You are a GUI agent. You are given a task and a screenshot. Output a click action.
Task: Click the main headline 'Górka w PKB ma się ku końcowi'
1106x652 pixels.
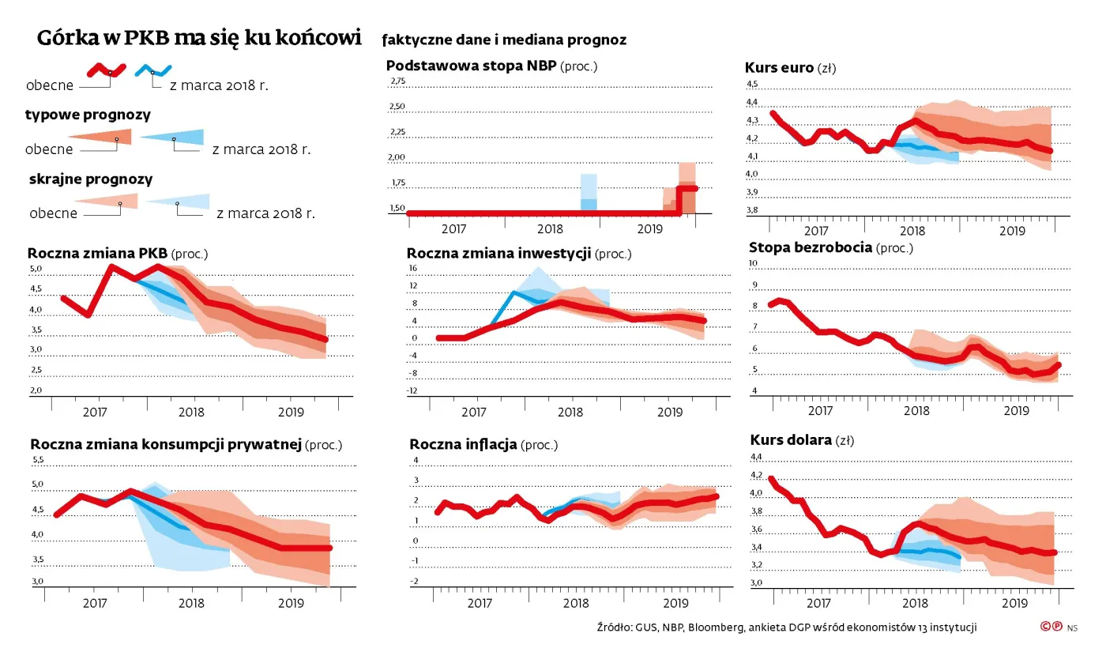(199, 38)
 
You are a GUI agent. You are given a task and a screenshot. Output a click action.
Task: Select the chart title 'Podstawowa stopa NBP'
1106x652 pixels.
(472, 66)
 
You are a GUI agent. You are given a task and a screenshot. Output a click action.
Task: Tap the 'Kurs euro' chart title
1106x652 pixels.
(779, 68)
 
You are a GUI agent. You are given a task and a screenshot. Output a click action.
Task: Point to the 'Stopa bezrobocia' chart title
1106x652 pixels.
(810, 247)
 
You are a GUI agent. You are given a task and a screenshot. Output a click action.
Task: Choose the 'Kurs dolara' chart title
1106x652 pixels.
(790, 439)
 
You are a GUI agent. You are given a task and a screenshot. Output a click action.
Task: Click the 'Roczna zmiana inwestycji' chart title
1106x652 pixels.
(499, 253)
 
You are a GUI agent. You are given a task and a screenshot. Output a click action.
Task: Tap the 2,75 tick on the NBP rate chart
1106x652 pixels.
(397, 81)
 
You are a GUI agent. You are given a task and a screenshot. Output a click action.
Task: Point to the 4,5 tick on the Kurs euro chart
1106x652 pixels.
(752, 85)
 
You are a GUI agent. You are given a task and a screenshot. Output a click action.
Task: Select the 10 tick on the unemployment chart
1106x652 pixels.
(753, 264)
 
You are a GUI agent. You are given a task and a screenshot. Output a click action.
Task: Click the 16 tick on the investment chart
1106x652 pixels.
(412, 269)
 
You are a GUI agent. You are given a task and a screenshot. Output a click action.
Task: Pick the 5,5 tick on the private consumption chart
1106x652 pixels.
(38, 460)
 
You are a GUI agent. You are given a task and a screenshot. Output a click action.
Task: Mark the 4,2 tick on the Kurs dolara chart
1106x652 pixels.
(755, 475)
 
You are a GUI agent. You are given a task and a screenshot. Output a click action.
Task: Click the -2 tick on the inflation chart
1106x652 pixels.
(414, 582)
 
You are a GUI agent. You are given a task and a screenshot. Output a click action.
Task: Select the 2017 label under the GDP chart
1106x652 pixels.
(95, 412)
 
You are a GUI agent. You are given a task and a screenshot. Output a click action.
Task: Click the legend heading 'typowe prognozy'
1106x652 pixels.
(88, 115)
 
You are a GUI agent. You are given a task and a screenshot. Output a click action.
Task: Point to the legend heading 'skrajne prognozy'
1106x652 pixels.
(91, 179)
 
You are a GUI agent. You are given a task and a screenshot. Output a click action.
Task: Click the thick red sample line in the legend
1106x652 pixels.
(106, 70)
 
